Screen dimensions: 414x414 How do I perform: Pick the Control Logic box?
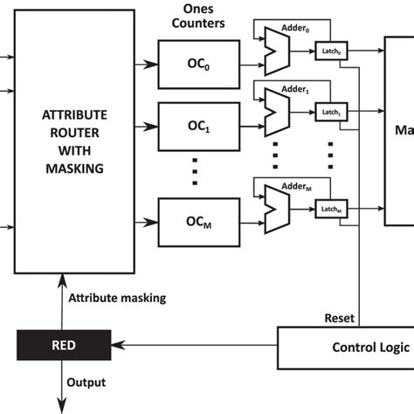click(345, 347)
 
